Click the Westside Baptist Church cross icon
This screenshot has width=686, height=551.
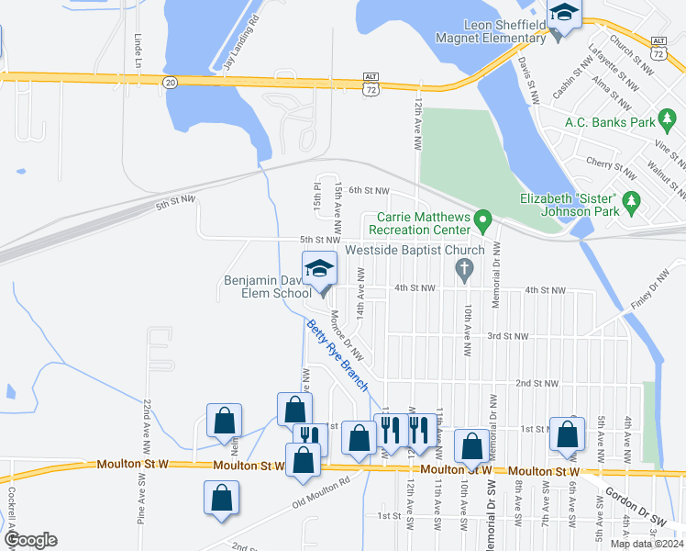click(464, 269)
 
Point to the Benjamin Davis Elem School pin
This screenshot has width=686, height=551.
click(319, 270)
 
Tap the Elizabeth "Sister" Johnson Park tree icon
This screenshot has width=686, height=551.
click(630, 199)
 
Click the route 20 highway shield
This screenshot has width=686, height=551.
click(169, 82)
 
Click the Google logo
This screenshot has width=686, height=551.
click(29, 540)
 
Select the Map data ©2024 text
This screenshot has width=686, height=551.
click(647, 544)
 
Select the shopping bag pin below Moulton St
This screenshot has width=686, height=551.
click(221, 500)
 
